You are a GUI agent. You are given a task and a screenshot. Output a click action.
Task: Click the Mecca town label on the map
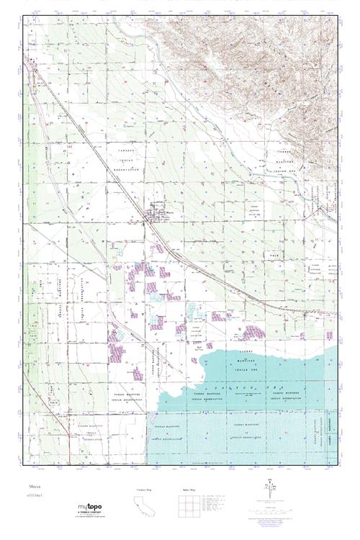[170, 212]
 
